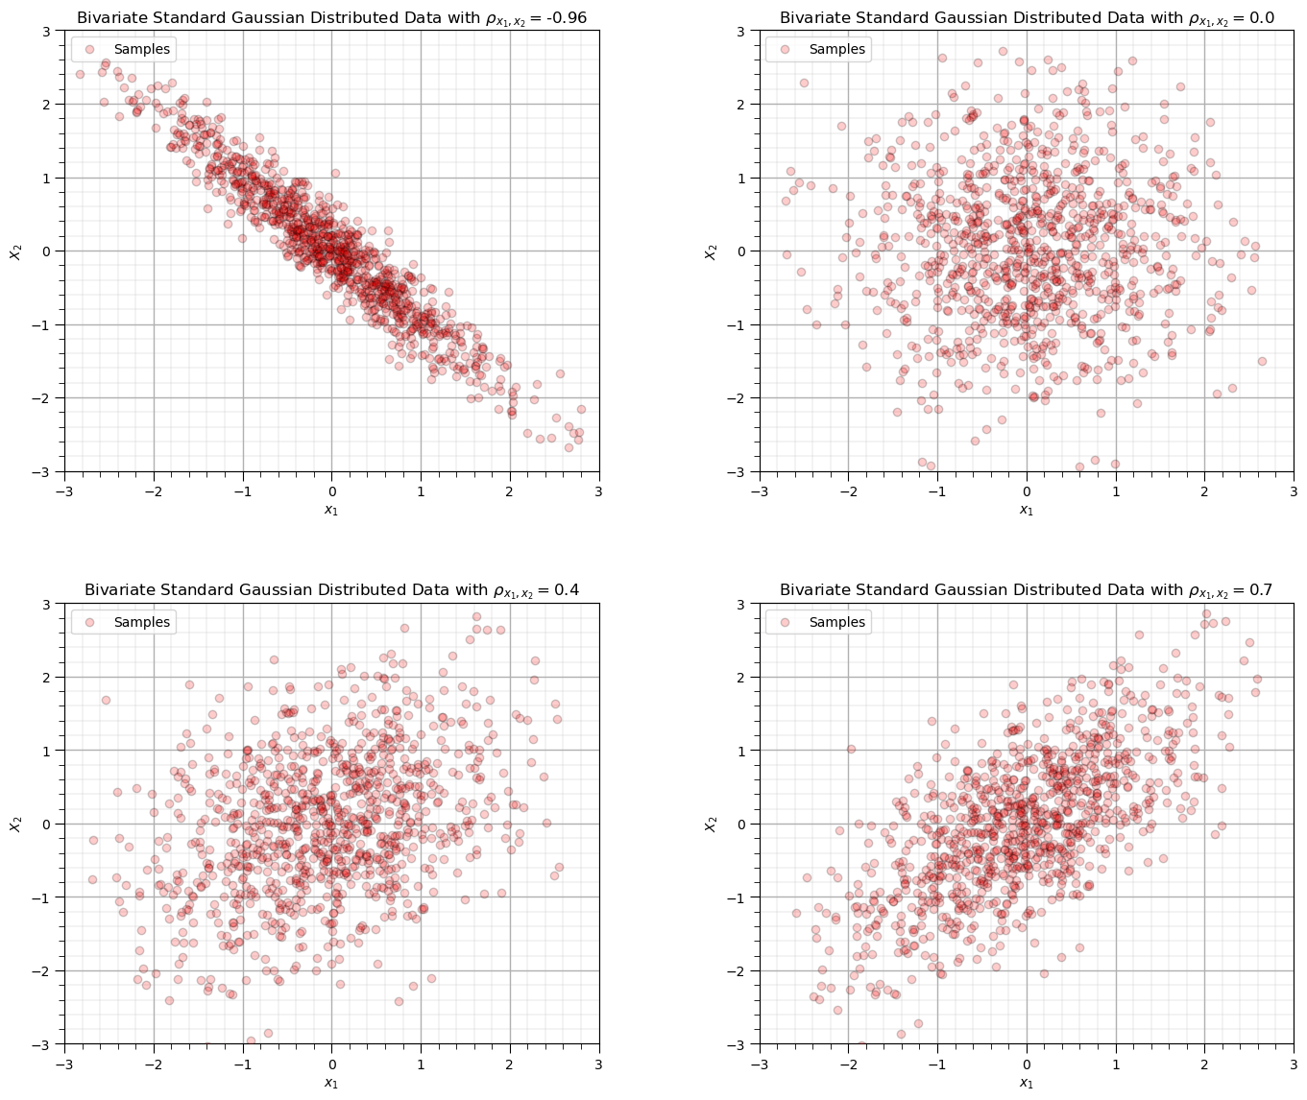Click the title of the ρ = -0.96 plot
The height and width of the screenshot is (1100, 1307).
331,17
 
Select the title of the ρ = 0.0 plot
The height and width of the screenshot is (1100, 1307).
1027,17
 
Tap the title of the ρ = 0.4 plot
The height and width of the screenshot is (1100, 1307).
331,589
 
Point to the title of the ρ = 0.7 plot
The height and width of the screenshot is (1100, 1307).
1027,589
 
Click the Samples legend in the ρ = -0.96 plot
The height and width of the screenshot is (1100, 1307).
124,49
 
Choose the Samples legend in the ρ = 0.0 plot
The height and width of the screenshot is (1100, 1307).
819,49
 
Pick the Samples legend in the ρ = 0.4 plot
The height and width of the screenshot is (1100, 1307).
124,622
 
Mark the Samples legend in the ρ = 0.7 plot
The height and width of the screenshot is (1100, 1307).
819,622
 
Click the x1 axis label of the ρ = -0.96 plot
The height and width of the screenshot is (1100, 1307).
331,510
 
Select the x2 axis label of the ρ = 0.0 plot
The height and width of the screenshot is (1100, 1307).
711,251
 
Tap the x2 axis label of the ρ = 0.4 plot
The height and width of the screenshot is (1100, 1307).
15,824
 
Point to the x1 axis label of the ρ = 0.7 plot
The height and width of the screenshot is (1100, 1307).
1027,1083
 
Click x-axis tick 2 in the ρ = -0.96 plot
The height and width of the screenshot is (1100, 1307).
510,491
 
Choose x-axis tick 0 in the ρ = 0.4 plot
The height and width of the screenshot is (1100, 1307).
331,1064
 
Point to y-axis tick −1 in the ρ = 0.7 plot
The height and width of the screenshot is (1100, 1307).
741,897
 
